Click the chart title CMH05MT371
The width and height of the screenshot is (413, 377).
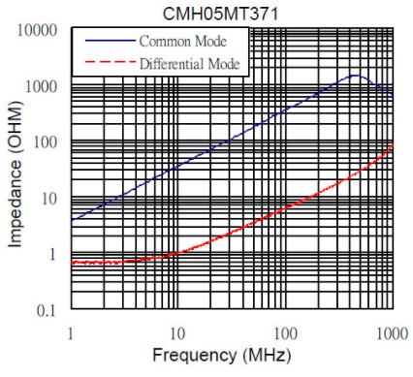(220, 14)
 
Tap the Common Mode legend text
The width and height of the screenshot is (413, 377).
(183, 42)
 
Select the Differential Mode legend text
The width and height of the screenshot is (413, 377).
(190, 64)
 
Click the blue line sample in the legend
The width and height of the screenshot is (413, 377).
(110, 41)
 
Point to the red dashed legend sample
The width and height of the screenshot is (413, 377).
(110, 62)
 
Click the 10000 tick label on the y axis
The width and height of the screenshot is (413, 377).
(37, 31)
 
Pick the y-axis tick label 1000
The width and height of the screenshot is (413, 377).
(42, 86)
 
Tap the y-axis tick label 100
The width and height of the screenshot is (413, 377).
(46, 142)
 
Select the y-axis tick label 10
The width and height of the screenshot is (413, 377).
(49, 199)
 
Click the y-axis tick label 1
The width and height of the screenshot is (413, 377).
(53, 255)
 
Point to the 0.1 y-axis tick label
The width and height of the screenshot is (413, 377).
(47, 310)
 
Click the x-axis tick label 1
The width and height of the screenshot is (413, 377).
(71, 333)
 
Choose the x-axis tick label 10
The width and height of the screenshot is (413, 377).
(177, 333)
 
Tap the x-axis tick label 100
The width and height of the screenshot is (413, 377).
(285, 333)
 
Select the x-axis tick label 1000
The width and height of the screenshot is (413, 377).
(393, 333)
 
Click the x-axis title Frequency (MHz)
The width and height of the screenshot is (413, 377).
(222, 356)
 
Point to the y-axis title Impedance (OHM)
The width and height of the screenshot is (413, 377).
(16, 174)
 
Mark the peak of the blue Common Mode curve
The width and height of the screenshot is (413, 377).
(356, 76)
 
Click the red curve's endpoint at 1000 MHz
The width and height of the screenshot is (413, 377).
(393, 144)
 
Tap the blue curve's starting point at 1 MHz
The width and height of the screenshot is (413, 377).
(72, 220)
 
